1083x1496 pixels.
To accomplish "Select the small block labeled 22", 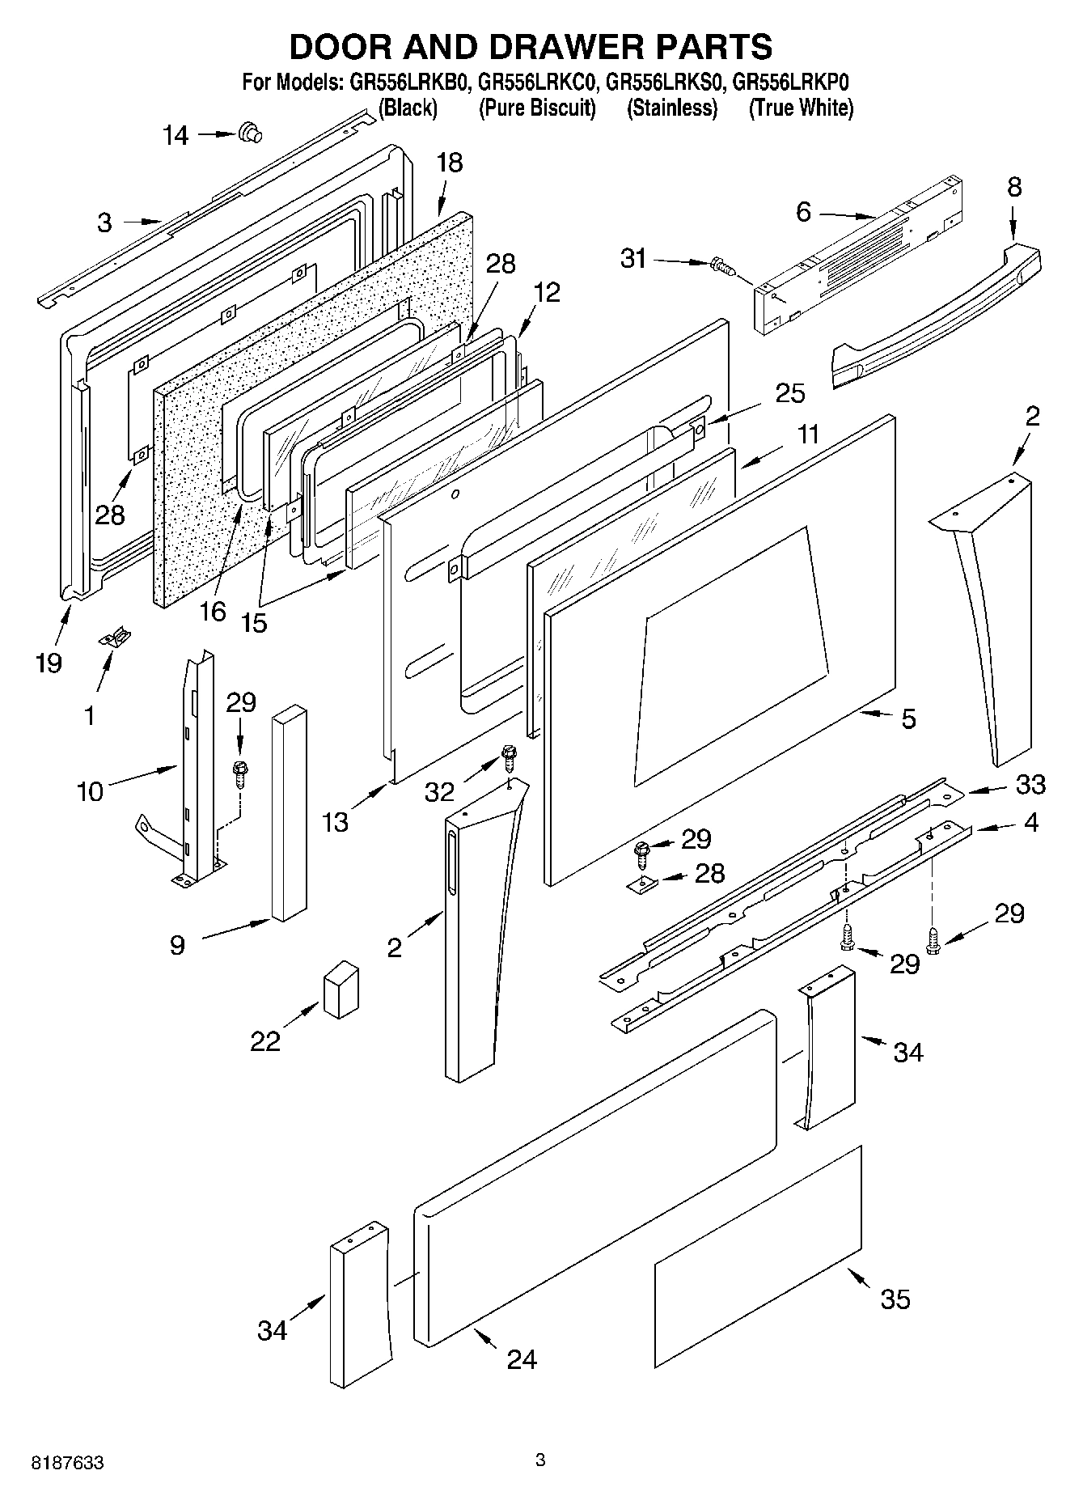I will click(x=341, y=988).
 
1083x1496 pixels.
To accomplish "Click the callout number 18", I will click(x=449, y=163).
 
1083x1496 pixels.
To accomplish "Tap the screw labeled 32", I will click(x=508, y=756).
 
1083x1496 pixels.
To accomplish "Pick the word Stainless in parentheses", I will click(x=671, y=108).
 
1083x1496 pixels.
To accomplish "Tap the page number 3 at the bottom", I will click(x=540, y=1460).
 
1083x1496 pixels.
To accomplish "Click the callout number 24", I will click(x=522, y=1358).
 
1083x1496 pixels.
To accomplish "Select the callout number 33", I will click(x=1030, y=783).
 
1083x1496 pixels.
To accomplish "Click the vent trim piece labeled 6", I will click(x=857, y=251).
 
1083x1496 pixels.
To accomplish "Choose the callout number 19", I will click(x=49, y=663).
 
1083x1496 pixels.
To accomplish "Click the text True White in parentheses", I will click(x=801, y=108).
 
